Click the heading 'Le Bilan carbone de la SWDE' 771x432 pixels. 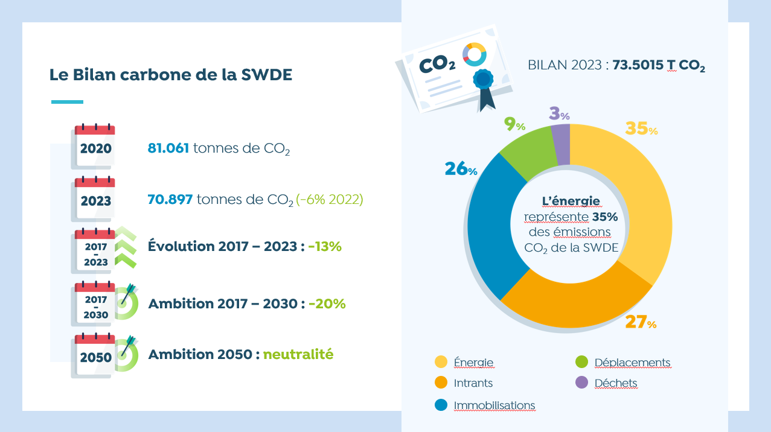tap(170, 75)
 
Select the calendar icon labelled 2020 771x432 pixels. tap(95, 147)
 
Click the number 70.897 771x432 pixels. tap(170, 199)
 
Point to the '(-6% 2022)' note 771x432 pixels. tap(330, 199)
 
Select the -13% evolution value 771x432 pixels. tap(325, 247)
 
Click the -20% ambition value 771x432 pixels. tap(327, 303)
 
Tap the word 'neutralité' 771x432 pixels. tap(298, 354)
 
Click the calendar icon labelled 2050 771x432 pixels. tap(95, 355)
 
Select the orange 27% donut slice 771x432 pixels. tap(574, 302)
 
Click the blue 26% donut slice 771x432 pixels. tap(489, 223)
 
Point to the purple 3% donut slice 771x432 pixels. tap(561, 144)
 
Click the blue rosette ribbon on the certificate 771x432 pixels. tap(484, 80)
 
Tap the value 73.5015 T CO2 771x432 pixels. tap(659, 66)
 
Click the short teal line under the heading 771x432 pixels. tap(67, 101)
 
